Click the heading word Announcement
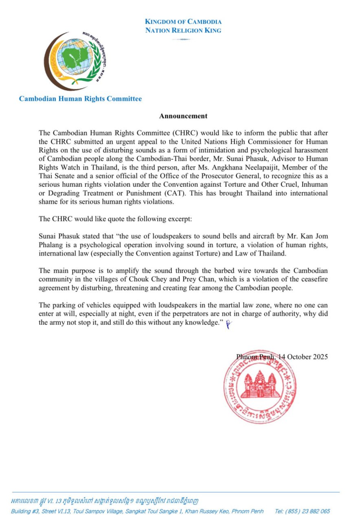pyautogui.click(x=183, y=116)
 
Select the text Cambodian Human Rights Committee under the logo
pyautogui.click(x=80, y=99)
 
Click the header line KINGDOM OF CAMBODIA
pyautogui.click(x=183, y=22)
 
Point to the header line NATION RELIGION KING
pyautogui.click(x=183, y=30)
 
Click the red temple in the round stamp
pyautogui.click(x=259, y=385)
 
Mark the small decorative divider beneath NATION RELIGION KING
pyautogui.click(x=183, y=39)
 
